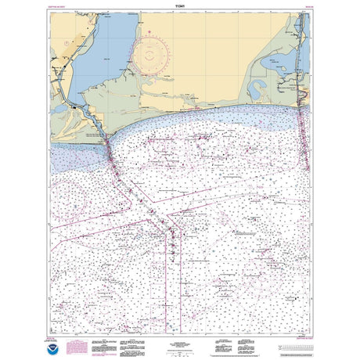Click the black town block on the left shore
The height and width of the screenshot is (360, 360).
75,105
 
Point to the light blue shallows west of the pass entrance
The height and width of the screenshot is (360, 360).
78,149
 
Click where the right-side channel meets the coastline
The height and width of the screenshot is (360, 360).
302,104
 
